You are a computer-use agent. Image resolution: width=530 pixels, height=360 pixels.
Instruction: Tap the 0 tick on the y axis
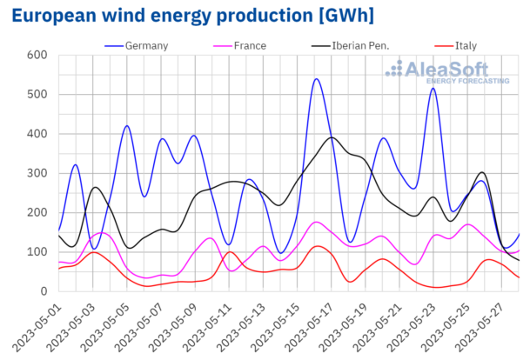coord(42,291)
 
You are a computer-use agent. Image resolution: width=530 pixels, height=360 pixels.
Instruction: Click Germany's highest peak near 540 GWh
coord(316,79)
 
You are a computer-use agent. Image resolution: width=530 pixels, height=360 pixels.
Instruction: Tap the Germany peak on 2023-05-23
coord(433,88)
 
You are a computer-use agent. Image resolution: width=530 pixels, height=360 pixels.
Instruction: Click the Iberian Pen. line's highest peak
coord(332,137)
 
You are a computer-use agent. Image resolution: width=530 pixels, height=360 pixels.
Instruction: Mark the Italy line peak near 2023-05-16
coord(319,246)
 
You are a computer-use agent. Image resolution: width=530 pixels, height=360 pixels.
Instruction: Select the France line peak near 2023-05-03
coord(100,232)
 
